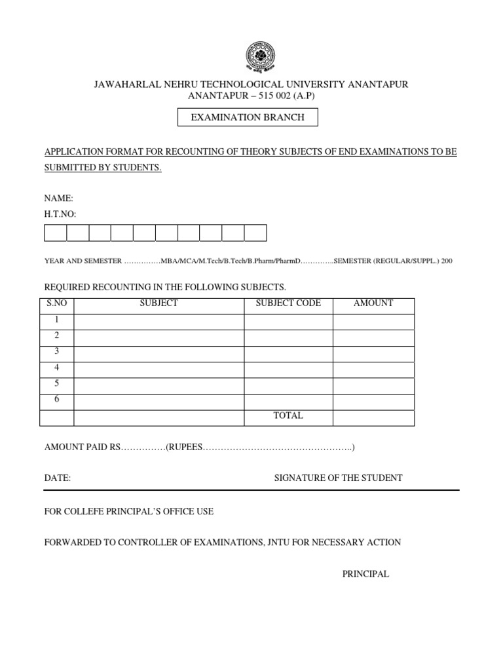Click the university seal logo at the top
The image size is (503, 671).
pyautogui.click(x=261, y=57)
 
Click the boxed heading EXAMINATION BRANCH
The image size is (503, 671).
pyautogui.click(x=248, y=117)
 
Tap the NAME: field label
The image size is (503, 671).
pyautogui.click(x=58, y=198)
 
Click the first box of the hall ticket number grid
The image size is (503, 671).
pyautogui.click(x=56, y=233)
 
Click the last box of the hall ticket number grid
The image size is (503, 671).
pyautogui.click(x=255, y=233)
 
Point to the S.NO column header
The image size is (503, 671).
pyautogui.click(x=57, y=303)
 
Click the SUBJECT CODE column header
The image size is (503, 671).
pyautogui.click(x=288, y=303)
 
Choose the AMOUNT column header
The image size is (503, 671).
pyautogui.click(x=373, y=303)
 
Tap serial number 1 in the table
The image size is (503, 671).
pyautogui.click(x=57, y=320)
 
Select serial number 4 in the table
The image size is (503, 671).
pyautogui.click(x=57, y=368)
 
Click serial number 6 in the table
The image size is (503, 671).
pyautogui.click(x=57, y=399)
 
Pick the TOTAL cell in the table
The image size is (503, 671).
pyautogui.click(x=288, y=416)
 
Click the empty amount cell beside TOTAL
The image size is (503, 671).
pyautogui.click(x=373, y=418)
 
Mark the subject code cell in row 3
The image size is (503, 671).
pyautogui.click(x=288, y=354)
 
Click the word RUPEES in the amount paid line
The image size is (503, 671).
pyautogui.click(x=185, y=448)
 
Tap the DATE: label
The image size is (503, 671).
pyautogui.click(x=57, y=478)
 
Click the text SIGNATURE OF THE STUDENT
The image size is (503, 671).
pyautogui.click(x=338, y=478)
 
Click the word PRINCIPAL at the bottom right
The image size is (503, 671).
pyautogui.click(x=365, y=574)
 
